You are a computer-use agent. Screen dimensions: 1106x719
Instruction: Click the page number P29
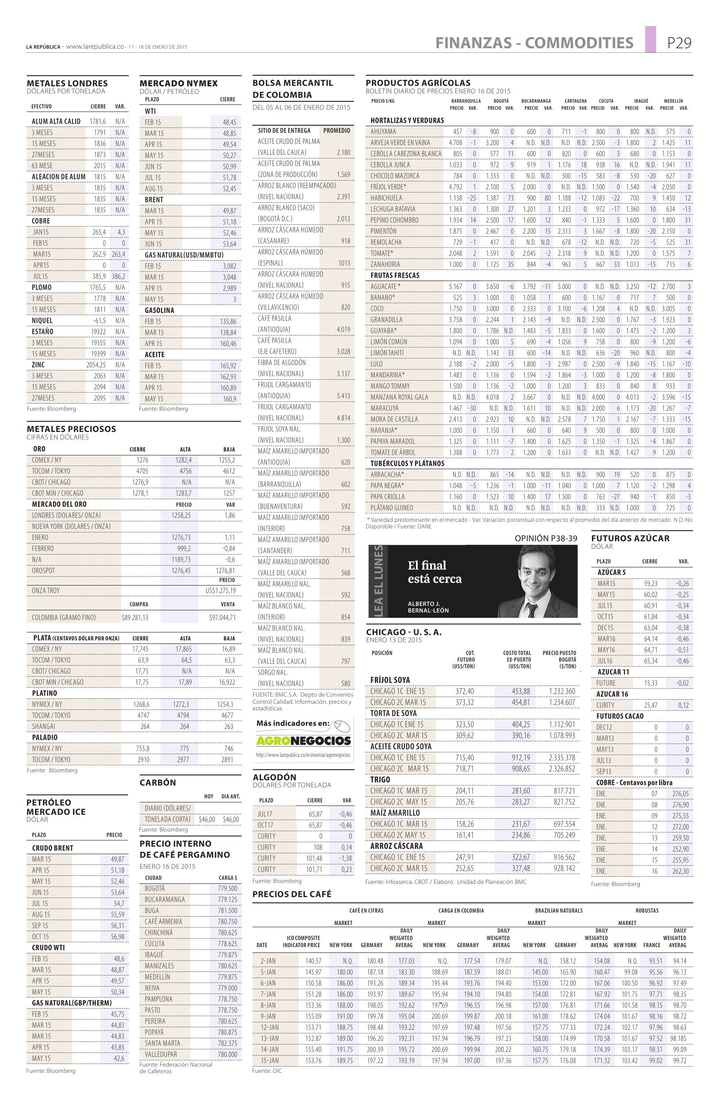[679, 43]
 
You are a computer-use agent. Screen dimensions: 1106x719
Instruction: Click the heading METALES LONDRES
[67, 83]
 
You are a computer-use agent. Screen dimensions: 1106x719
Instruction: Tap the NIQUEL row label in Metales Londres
[42, 320]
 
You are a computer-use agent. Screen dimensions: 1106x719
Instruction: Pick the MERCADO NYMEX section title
[178, 83]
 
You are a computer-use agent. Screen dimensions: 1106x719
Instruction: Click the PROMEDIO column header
[336, 131]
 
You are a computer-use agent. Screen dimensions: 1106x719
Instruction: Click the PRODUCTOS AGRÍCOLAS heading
[418, 83]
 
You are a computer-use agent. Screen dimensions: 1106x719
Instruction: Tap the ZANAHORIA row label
[385, 264]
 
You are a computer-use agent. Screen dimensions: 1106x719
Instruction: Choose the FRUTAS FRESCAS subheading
[395, 276]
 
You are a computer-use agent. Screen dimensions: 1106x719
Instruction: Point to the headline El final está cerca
[435, 572]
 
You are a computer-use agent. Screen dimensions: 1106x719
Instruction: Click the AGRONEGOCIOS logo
[303, 740]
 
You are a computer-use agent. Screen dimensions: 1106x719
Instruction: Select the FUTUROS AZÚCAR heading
[630, 538]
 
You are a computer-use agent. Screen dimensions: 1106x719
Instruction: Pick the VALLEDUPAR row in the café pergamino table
[161, 1054]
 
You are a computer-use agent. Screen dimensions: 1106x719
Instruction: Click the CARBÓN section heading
[158, 782]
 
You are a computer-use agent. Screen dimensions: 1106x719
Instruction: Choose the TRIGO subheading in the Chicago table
[381, 780]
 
